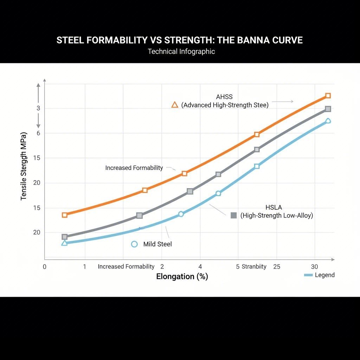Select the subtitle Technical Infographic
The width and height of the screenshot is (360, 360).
181,51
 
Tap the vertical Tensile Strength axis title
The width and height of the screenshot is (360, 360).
24,166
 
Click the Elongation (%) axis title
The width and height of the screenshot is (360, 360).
182,277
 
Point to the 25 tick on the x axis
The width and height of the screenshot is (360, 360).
277,266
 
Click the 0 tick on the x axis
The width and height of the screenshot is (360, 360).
44,266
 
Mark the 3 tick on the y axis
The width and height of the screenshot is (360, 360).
38,108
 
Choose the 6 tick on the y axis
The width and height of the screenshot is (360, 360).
38,133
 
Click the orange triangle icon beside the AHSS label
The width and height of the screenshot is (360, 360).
174,104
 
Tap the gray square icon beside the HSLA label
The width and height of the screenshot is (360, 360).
233,216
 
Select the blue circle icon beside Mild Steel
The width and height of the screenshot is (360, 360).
134,244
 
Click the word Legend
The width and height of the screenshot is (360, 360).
324,275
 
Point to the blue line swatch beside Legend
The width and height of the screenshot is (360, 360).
308,275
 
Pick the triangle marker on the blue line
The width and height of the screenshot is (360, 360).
64,243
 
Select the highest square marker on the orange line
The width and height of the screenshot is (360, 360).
328,96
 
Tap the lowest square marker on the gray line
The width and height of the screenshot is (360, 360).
64,237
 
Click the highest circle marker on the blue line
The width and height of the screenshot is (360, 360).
328,121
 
